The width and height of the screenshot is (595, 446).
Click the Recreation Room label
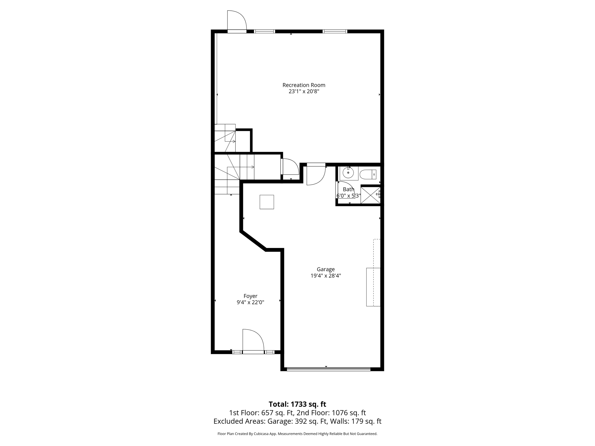pyautogui.click(x=304, y=85)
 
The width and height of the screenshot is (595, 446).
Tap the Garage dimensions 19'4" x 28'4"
pyautogui.click(x=325, y=276)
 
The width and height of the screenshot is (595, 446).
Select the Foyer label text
pyautogui.click(x=250, y=296)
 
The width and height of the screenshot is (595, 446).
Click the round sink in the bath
pyautogui.click(x=348, y=173)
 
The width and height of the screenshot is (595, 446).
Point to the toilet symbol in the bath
pyautogui.click(x=368, y=175)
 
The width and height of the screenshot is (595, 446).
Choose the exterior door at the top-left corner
pyautogui.click(x=236, y=21)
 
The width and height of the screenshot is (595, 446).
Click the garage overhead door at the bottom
pyautogui.click(x=329, y=369)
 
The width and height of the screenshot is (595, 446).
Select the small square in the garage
pyautogui.click(x=267, y=202)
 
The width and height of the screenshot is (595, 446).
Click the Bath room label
pyautogui.click(x=348, y=190)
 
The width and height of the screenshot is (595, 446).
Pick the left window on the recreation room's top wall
pyautogui.click(x=264, y=31)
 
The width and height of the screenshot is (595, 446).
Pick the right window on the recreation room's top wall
pyautogui.click(x=335, y=31)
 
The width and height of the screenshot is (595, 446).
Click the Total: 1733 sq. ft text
pyautogui.click(x=297, y=404)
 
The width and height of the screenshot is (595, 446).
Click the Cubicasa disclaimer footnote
pyautogui.click(x=297, y=434)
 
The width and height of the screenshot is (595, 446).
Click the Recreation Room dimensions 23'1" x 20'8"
pyautogui.click(x=304, y=91)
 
